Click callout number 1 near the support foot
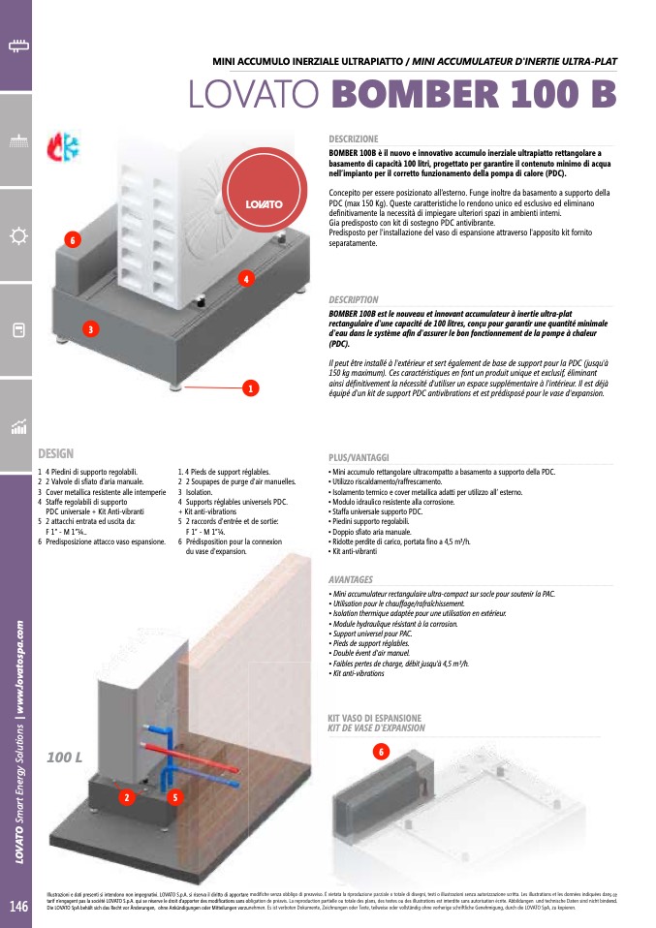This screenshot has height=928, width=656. [x=249, y=388]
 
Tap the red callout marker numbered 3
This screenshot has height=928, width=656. [x=89, y=329]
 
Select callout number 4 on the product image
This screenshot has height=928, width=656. [x=247, y=279]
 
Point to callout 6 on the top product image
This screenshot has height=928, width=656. [x=71, y=239]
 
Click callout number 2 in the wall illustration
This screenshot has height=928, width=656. [x=126, y=797]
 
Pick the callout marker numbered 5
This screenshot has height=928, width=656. [x=173, y=797]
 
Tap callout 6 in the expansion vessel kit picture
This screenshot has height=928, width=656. [x=381, y=752]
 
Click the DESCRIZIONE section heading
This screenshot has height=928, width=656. [x=354, y=139]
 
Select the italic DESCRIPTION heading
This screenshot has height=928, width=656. [x=354, y=300]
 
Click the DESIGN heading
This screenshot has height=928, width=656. [x=55, y=453]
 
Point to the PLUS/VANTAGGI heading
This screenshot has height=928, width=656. [x=359, y=456]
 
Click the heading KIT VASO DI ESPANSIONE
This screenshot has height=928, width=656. [x=375, y=718]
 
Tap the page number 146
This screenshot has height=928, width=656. [x=18, y=907]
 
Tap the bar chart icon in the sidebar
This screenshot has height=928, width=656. [x=16, y=426]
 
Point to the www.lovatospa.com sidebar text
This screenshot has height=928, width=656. [x=18, y=669]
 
